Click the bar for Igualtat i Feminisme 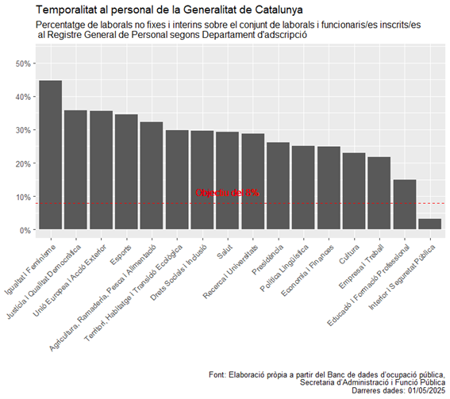coord(51,155)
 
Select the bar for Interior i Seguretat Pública coord(429,224)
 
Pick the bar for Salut coord(228,181)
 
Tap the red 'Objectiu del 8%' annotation coord(227,193)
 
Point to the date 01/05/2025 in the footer coord(424,391)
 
